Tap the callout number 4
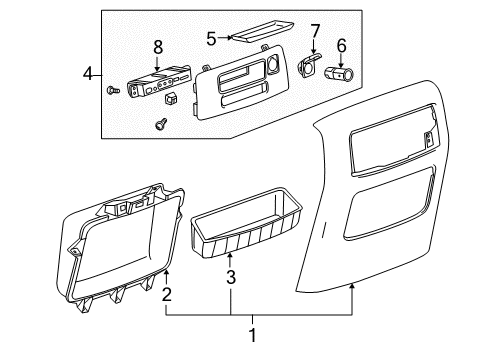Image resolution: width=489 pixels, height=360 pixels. [87, 73]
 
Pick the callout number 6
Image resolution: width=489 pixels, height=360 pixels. [341, 45]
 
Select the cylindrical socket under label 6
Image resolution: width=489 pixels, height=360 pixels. [341, 72]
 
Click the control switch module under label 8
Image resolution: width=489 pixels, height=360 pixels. [157, 80]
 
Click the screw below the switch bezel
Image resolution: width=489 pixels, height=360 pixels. [159, 123]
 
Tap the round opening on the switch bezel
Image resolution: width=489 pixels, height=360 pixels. [271, 69]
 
